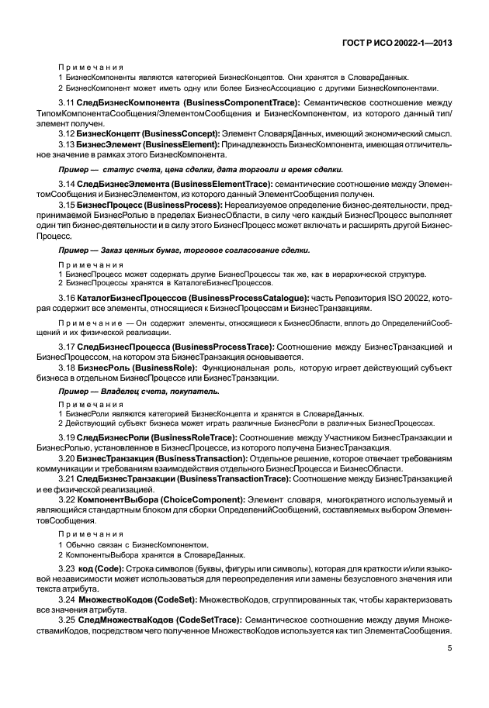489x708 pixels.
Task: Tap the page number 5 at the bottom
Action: coord(449,649)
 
